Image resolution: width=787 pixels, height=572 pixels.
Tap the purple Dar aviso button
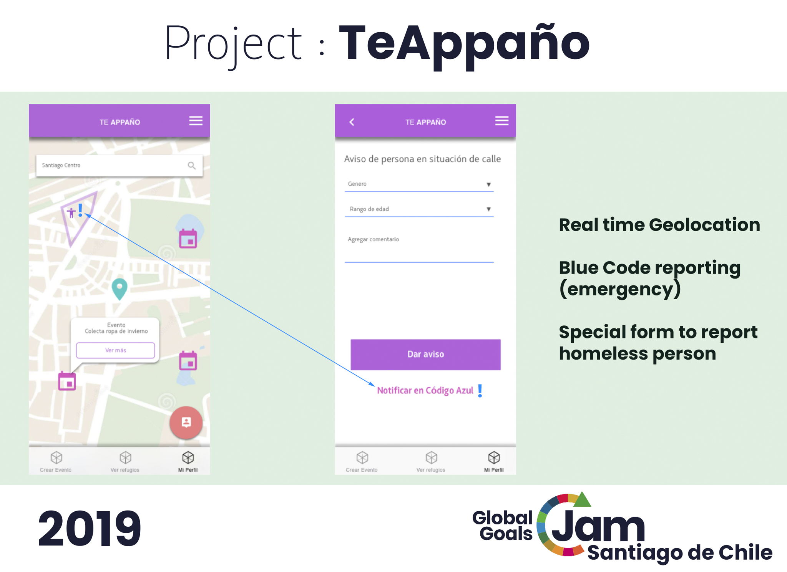pyautogui.click(x=425, y=354)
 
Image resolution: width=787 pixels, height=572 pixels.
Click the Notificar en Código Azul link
pyautogui.click(x=425, y=390)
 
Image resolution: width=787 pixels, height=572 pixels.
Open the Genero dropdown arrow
pyautogui.click(x=488, y=184)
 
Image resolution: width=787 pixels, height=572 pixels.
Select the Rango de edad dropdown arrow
pyautogui.click(x=488, y=209)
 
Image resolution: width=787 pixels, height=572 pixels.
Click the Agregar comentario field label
pyautogui.click(x=373, y=239)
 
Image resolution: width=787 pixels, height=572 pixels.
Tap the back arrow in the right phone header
pyautogui.click(x=352, y=122)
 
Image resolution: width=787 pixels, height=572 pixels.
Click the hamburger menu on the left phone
pyautogui.click(x=196, y=121)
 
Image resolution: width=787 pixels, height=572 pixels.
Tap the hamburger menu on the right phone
pyautogui.click(x=501, y=121)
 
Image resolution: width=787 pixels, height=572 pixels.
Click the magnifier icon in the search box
pyautogui.click(x=191, y=166)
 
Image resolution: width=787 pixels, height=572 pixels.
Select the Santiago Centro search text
pyautogui.click(x=61, y=165)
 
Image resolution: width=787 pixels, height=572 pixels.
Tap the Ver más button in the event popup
pyautogui.click(x=115, y=350)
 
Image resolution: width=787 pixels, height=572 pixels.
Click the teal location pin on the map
pyautogui.click(x=120, y=289)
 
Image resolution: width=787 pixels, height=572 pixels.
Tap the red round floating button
pyautogui.click(x=186, y=423)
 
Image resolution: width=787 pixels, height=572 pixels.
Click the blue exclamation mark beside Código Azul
pyautogui.click(x=480, y=391)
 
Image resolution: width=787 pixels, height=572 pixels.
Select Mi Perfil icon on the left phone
pyautogui.click(x=188, y=457)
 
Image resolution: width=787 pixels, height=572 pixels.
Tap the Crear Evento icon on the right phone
pyautogui.click(x=362, y=457)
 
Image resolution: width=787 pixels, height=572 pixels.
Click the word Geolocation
pyautogui.click(x=705, y=225)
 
